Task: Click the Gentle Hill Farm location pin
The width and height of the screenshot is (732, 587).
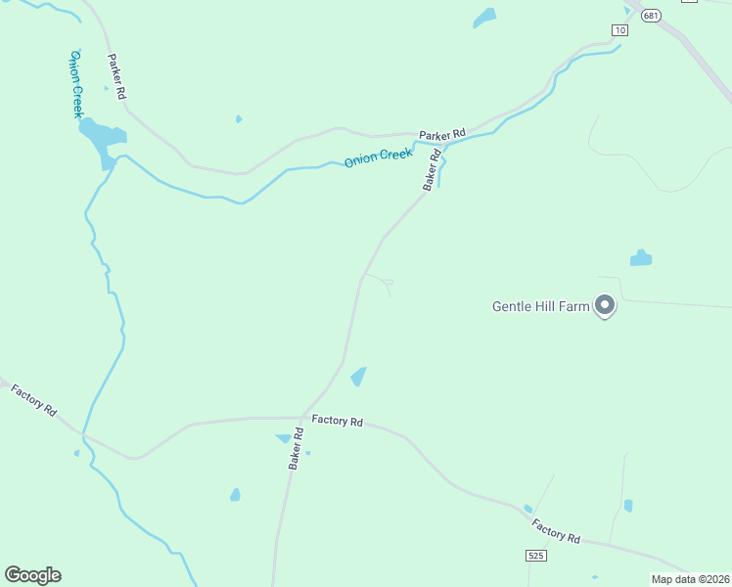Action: [605, 306]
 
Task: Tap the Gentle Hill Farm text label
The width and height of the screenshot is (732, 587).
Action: [540, 306]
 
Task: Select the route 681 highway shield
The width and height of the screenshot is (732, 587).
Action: [652, 15]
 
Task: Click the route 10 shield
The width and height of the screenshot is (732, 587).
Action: [619, 30]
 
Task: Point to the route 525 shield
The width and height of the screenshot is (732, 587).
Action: [534, 556]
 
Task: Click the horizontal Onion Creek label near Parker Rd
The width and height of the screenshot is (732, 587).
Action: [378, 157]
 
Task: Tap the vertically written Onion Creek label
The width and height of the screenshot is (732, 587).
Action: [75, 84]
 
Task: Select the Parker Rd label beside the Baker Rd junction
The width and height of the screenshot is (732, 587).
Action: [442, 133]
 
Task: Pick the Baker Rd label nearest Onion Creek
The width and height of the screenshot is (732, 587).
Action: [432, 169]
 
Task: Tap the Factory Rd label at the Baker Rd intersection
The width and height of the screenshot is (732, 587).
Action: [338, 421]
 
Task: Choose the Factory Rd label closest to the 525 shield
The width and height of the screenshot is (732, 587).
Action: [556, 531]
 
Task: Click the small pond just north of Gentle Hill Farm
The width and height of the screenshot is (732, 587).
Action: [641, 258]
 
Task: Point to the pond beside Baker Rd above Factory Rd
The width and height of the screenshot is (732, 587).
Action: [358, 377]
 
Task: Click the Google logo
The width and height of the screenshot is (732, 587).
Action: [32, 575]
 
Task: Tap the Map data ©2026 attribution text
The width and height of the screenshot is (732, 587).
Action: [690, 579]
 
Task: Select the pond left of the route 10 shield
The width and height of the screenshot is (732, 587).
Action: [484, 18]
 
